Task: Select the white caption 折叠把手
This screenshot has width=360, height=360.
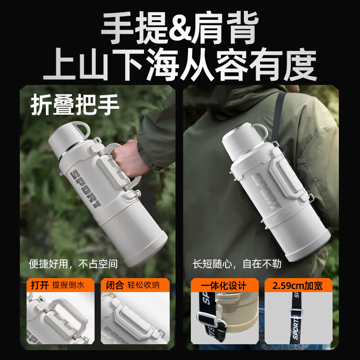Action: [x=75, y=105]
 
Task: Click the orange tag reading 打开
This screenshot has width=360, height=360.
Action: [x=39, y=285]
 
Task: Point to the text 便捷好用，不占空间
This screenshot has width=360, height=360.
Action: [x=73, y=264]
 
